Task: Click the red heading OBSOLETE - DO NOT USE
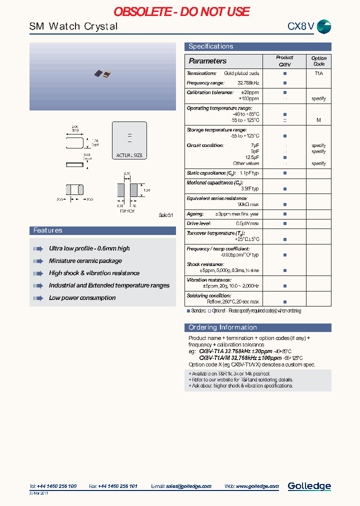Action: click(181, 11)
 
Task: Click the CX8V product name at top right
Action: click(300, 26)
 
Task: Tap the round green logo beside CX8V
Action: click(324, 27)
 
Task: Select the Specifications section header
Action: click(210, 46)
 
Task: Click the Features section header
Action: click(48, 230)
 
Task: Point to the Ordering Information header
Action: click(222, 327)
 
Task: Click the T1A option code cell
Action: click(318, 73)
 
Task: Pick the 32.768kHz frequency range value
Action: click(248, 83)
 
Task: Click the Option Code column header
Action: click(318, 61)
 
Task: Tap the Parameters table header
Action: click(207, 61)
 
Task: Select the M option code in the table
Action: click(318, 120)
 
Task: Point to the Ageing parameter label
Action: click(195, 214)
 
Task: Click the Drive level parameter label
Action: click(199, 223)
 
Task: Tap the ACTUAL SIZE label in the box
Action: click(129, 155)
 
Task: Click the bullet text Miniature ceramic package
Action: click(85, 261)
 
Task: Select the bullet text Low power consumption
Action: click(82, 298)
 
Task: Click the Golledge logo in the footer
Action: click(309, 486)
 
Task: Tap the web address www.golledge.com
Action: click(257, 486)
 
